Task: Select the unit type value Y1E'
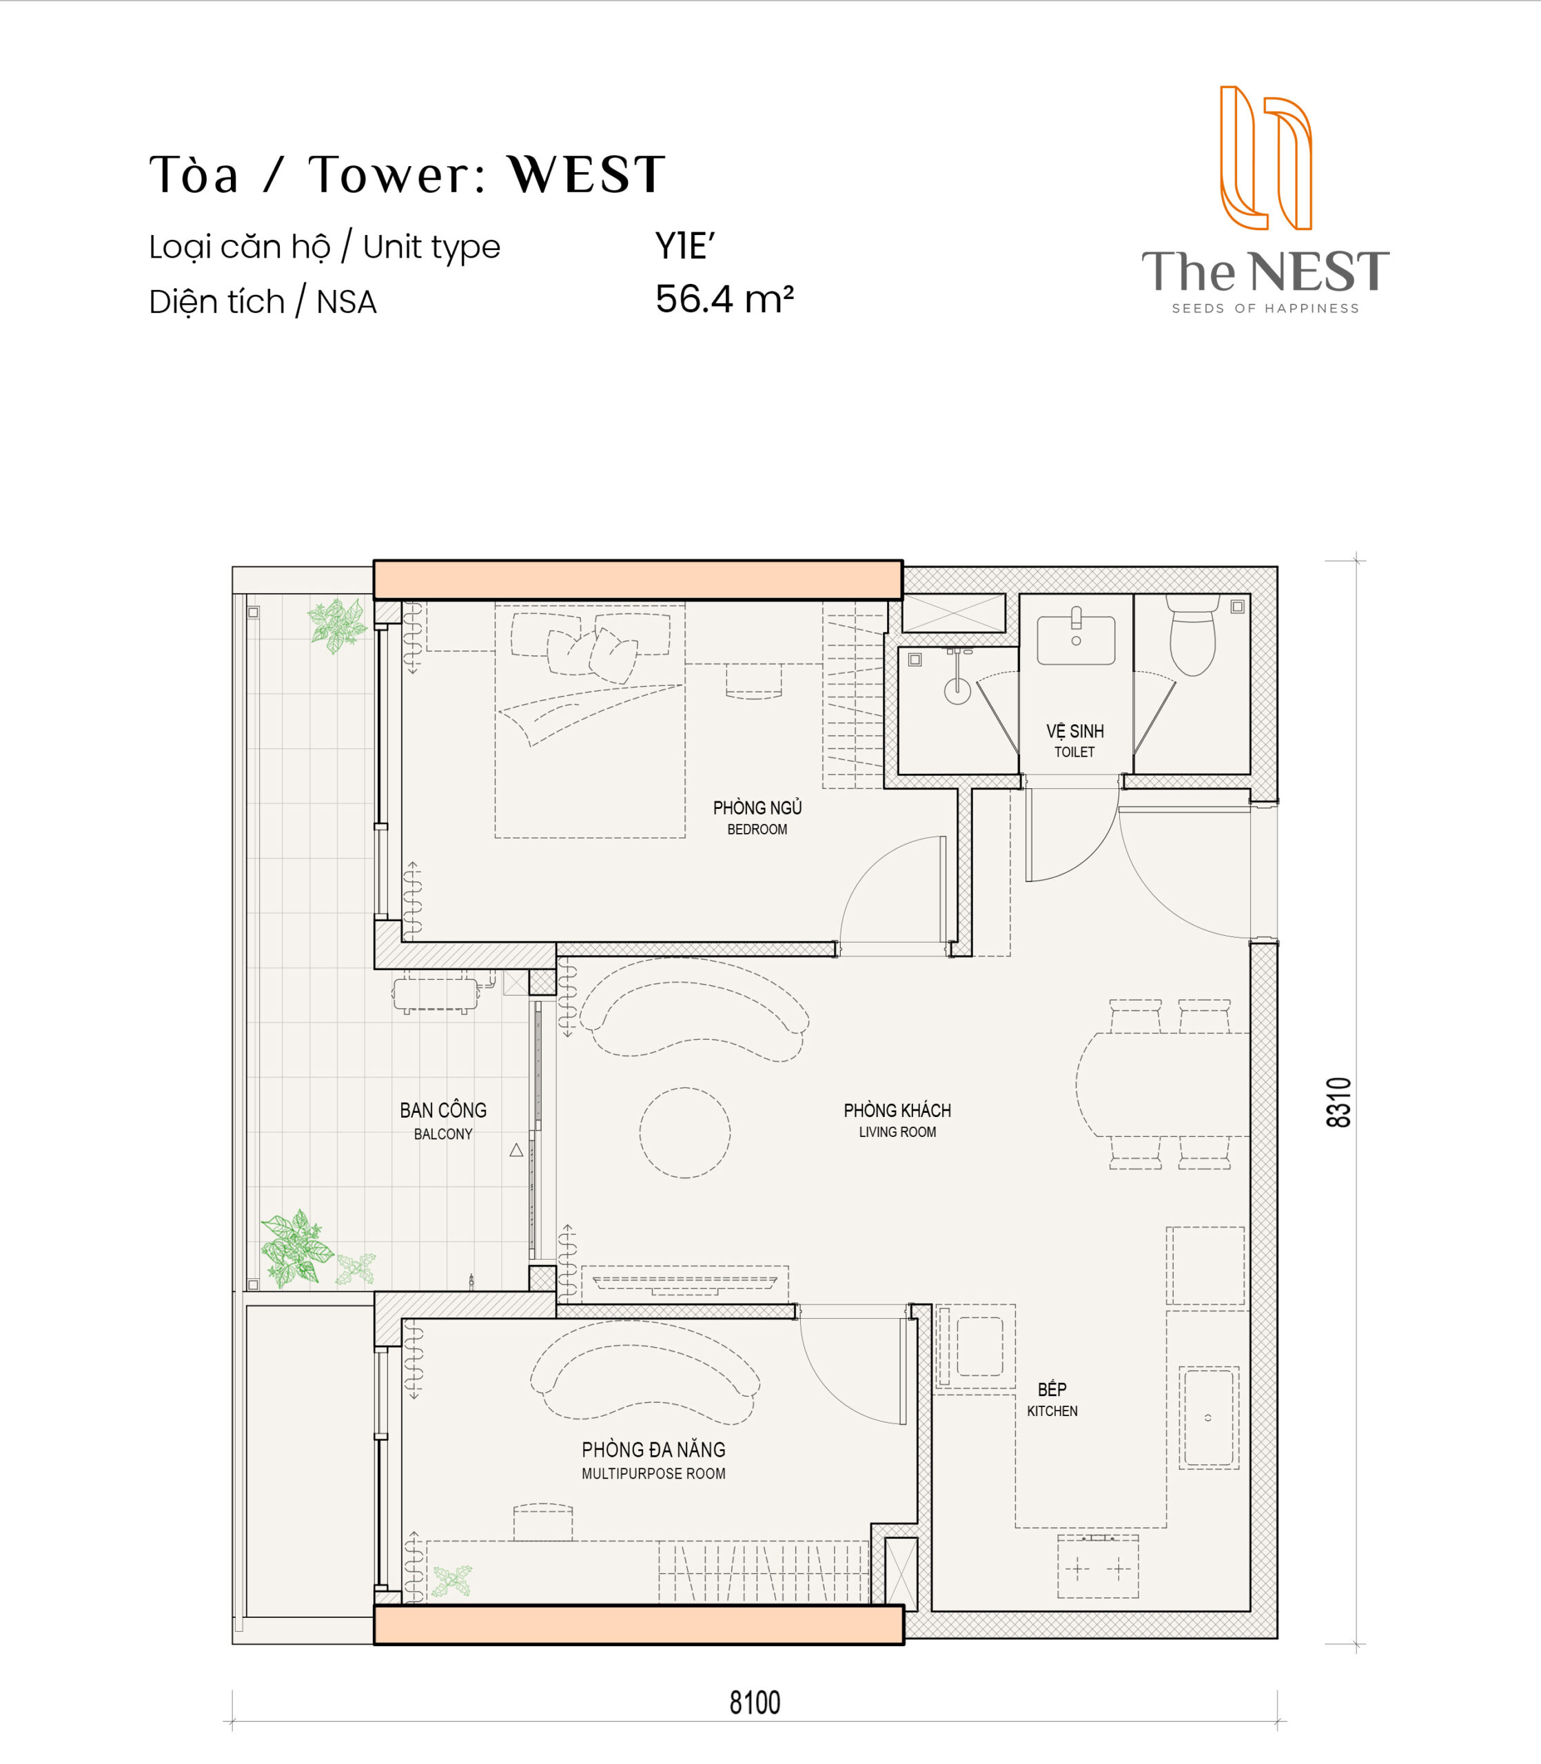tap(684, 246)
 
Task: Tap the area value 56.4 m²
tap(724, 299)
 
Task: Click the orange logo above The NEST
tap(1266, 157)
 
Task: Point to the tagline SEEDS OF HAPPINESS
tap(1265, 309)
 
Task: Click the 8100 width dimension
tap(755, 1702)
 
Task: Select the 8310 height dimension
tap(1339, 1102)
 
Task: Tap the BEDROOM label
tap(757, 830)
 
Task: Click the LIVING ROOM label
tap(897, 1132)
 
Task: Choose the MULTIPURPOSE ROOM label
tap(653, 1473)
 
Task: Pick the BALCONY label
tap(443, 1134)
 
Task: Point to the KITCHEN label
tap(1052, 1411)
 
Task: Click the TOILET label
tap(1074, 752)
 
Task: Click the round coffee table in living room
tap(684, 1132)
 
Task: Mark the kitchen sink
tap(1208, 1417)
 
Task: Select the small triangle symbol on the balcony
tap(516, 1150)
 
